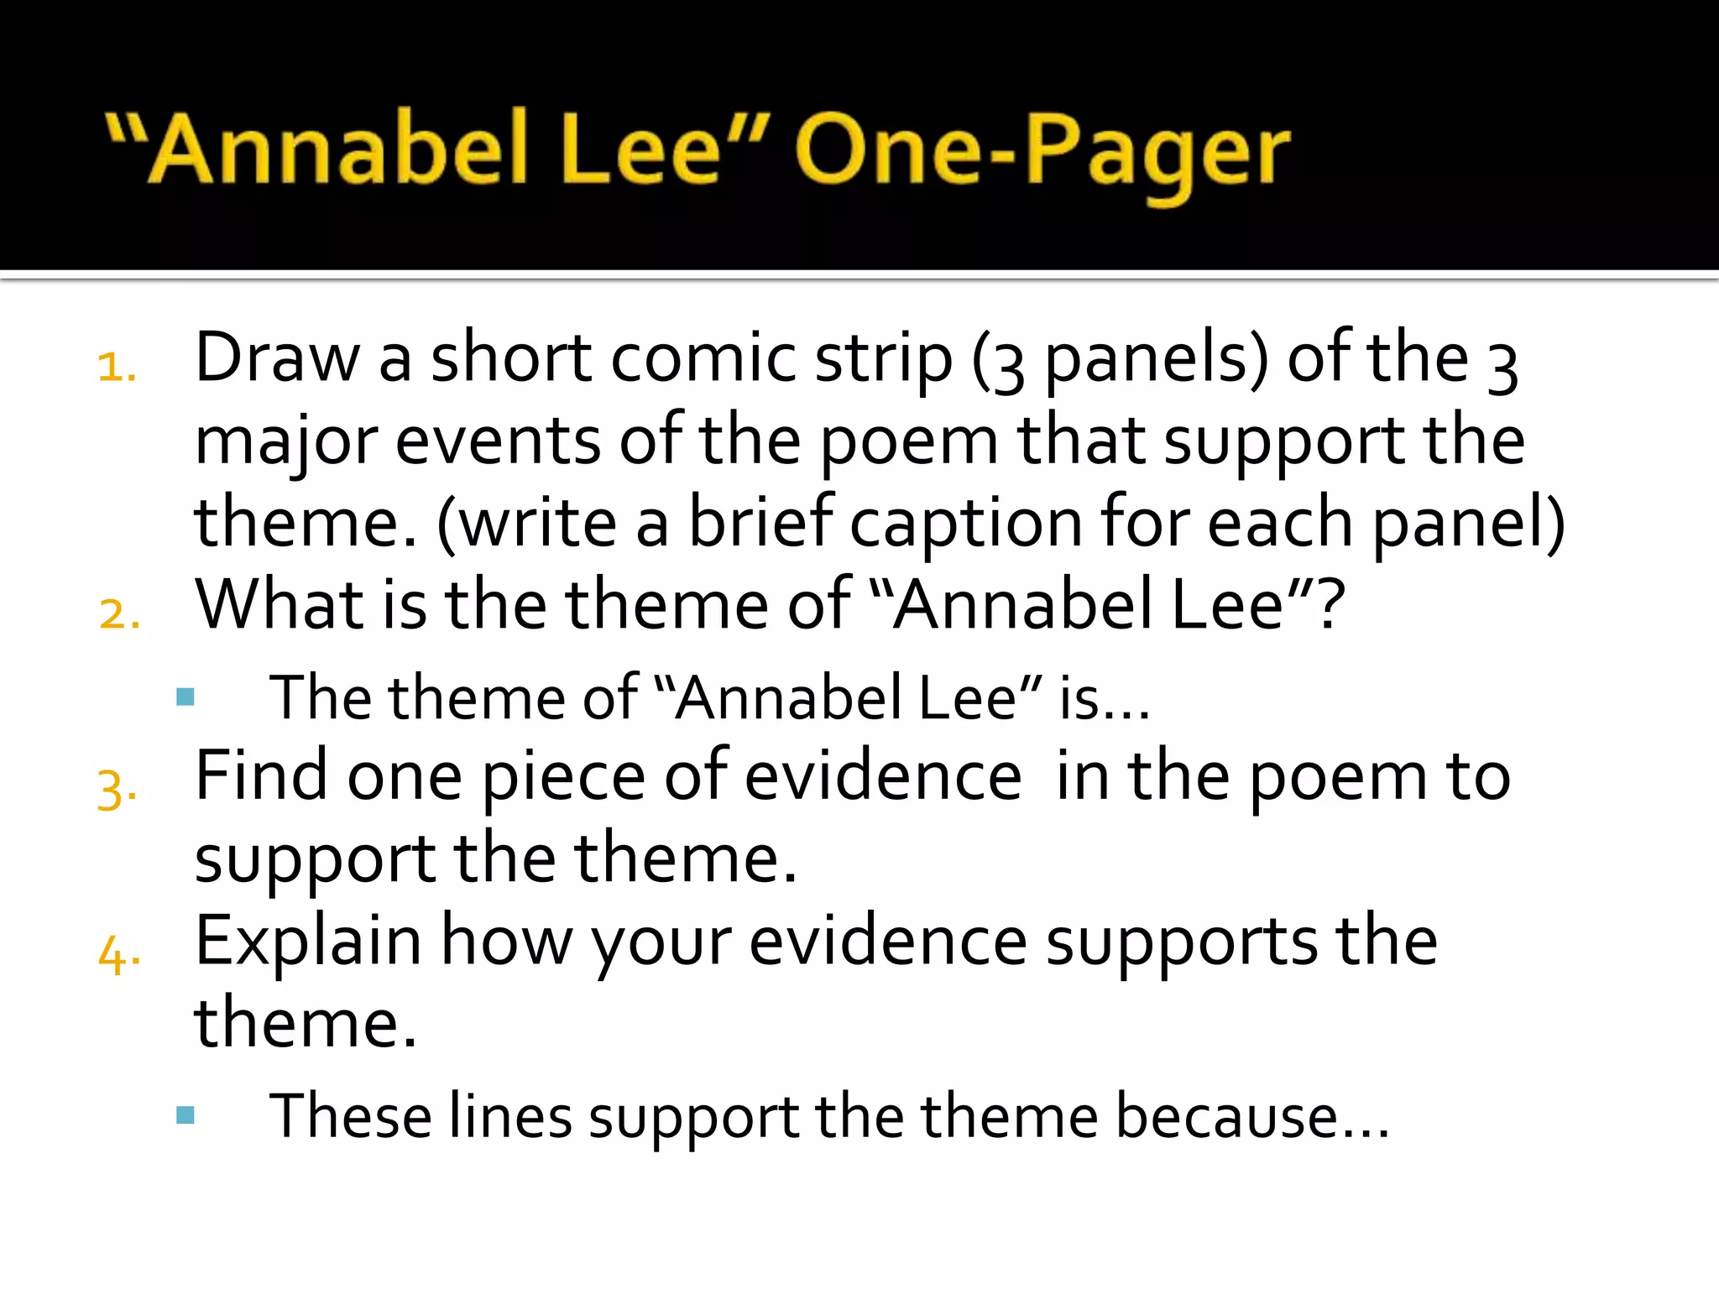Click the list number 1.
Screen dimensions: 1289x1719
coord(117,368)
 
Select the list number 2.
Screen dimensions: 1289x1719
coord(118,613)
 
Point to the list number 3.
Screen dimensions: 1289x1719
coord(117,789)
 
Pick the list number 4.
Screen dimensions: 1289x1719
coord(118,955)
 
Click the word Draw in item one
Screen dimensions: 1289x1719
coord(277,359)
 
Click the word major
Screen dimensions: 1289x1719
coord(285,443)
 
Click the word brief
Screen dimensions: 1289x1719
coord(760,522)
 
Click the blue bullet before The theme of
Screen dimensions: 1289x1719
coord(185,697)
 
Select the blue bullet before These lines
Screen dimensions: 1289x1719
coord(185,1114)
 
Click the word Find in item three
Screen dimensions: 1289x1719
coord(260,775)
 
